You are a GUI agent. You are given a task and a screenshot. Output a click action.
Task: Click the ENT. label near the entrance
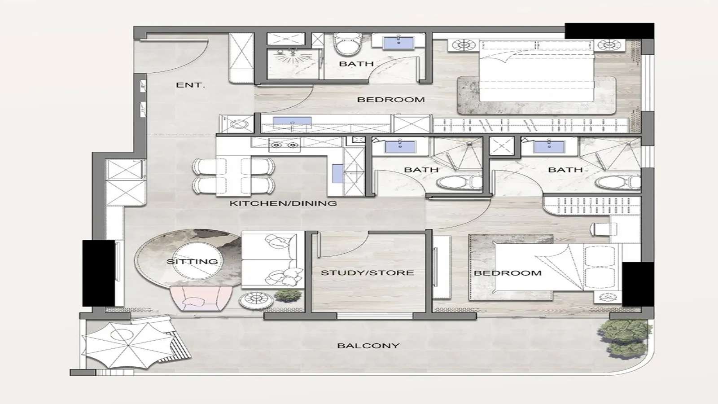[190, 85]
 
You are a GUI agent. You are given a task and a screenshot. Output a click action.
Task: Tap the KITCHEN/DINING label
[283, 203]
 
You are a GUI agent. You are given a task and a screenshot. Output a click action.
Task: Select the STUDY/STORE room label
[367, 272]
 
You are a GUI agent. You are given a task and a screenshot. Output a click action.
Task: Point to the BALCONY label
[368, 346]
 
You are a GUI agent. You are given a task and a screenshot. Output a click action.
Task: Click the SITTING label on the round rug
[192, 261]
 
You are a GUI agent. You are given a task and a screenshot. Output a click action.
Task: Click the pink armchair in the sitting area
[200, 299]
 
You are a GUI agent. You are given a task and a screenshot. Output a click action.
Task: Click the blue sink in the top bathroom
[398, 43]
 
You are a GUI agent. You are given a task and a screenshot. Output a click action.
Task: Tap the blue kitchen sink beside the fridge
[337, 174]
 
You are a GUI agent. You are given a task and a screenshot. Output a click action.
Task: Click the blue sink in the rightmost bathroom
[549, 146]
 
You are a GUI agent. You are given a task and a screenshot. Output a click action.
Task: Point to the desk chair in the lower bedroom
[599, 229]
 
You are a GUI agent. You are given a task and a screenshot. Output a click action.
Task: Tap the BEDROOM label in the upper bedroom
[390, 100]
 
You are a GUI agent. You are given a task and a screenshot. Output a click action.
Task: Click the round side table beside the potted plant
[256, 300]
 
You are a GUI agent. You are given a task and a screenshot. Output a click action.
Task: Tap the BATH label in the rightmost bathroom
[565, 170]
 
